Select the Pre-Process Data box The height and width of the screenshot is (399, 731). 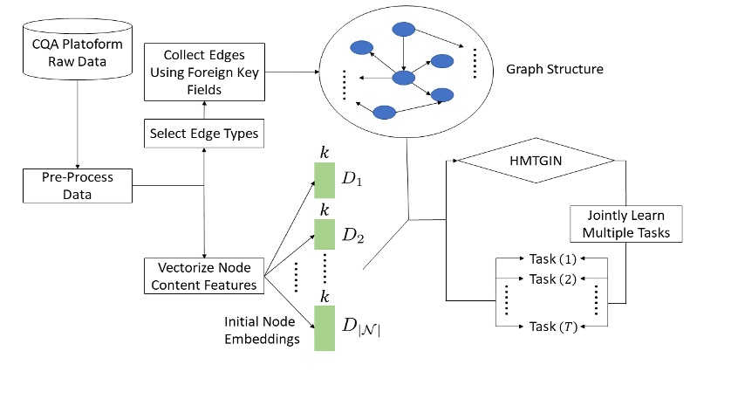click(x=78, y=183)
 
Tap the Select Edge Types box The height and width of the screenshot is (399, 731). click(x=203, y=134)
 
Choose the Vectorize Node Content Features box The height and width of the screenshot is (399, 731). click(x=203, y=275)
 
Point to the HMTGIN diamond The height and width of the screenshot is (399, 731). click(x=538, y=161)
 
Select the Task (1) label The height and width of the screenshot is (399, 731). click(x=554, y=258)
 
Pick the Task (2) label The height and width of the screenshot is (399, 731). click(x=554, y=279)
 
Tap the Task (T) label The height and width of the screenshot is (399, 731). click(x=554, y=326)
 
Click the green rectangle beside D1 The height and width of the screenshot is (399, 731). click(x=325, y=181)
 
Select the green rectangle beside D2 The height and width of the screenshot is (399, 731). click(x=325, y=233)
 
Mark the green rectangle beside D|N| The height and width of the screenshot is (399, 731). click(x=325, y=328)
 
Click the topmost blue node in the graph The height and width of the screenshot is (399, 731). click(x=404, y=30)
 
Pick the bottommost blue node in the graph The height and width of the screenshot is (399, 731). click(x=385, y=112)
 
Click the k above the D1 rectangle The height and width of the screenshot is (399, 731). click(x=325, y=153)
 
